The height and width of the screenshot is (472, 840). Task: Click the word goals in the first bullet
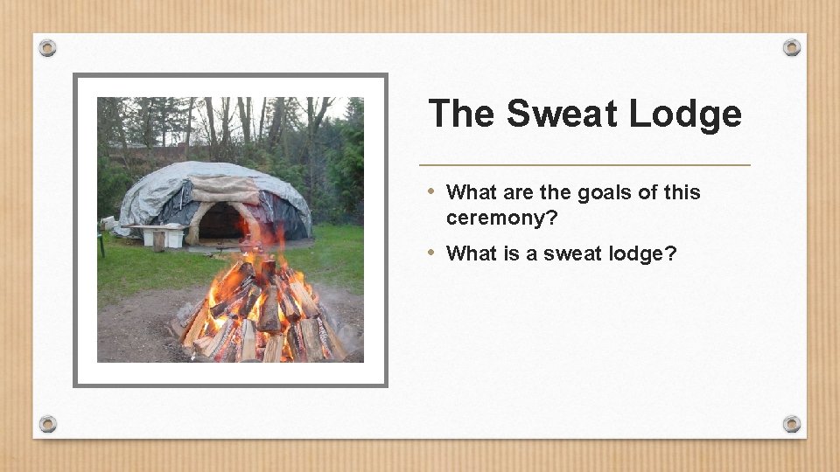[601, 192]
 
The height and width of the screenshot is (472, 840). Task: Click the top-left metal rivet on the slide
[47, 47]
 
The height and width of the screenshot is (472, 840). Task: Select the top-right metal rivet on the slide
[792, 47]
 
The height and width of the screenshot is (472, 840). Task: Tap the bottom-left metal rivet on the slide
[47, 424]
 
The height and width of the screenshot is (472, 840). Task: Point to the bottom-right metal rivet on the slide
[792, 424]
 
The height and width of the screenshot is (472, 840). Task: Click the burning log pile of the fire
[262, 315]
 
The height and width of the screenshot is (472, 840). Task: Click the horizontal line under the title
[584, 164]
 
